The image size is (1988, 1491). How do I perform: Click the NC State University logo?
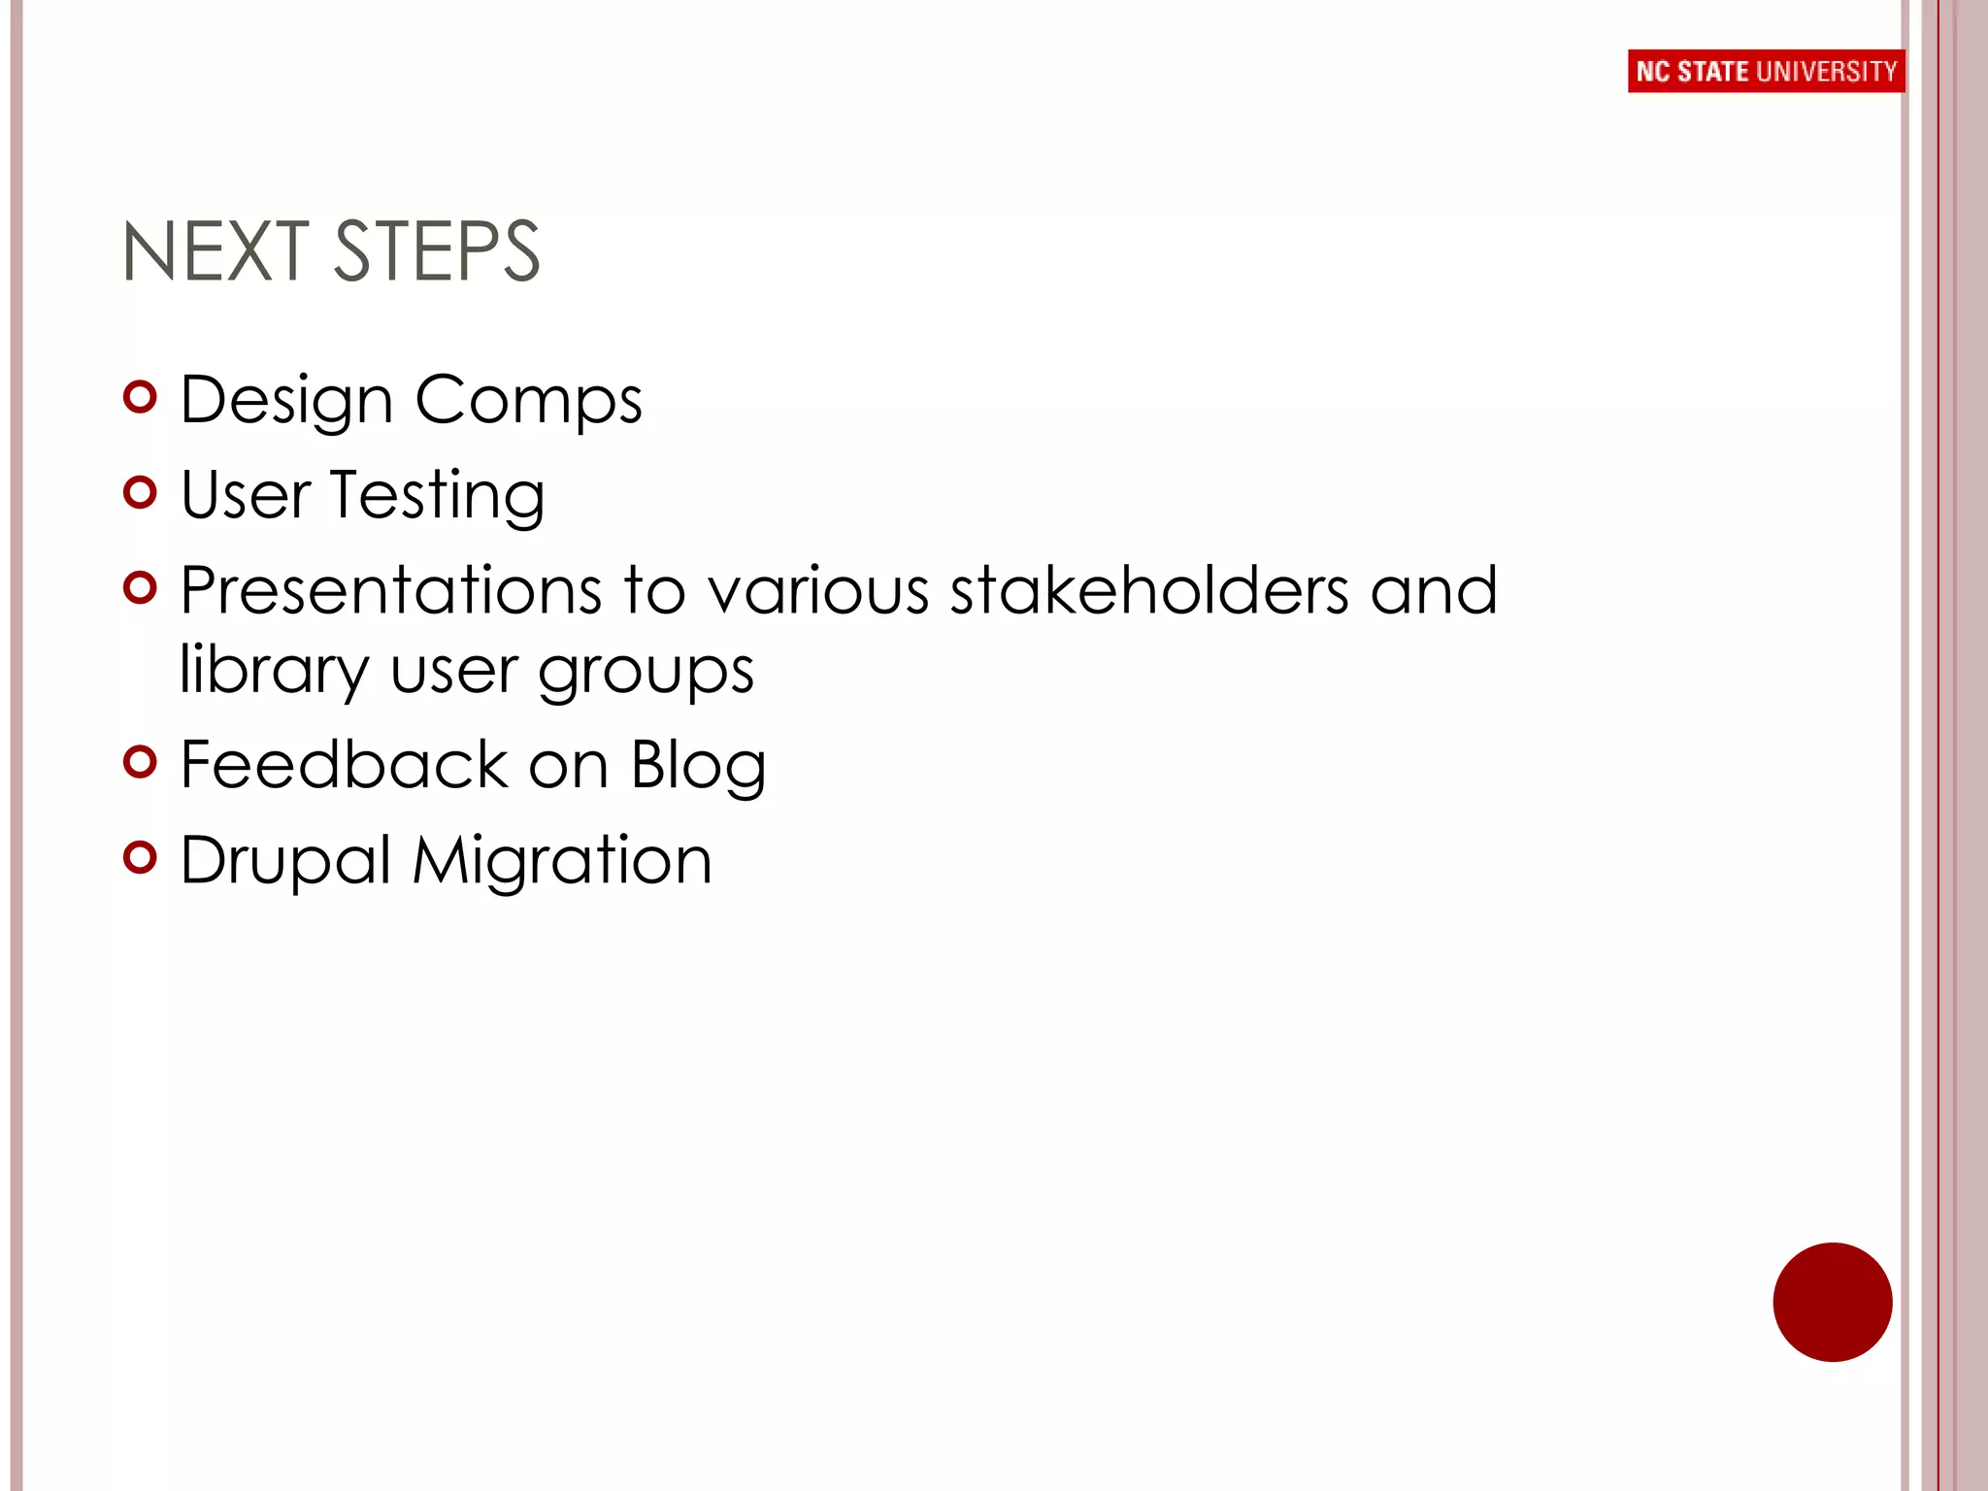coord(1765,71)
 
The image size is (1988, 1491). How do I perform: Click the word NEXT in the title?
coord(215,251)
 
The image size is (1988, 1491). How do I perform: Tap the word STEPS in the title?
coord(437,251)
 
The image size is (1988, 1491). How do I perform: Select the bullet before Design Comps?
coord(141,397)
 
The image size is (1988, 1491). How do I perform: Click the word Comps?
coord(528,400)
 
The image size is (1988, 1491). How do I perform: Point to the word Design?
coord(286,400)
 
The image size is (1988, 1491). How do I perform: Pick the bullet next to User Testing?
coord(141,492)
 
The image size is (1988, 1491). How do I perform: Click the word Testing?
coord(437,495)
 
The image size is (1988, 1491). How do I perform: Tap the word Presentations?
coord(391,590)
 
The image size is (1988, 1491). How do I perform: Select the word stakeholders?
coord(1149,590)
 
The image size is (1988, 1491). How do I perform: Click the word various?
coord(818,590)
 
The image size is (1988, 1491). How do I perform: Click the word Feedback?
coord(345,764)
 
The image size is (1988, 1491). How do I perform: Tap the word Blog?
coord(698,766)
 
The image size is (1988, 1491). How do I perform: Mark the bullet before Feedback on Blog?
coord(141,762)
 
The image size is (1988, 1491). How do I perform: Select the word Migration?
coord(562,860)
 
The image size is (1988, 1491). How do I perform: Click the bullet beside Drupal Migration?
coord(141,857)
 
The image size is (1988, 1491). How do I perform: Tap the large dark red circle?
coord(1832,1302)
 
